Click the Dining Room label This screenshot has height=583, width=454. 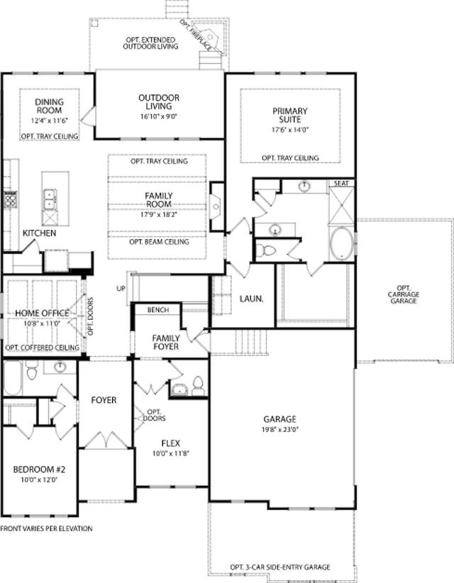click(49, 106)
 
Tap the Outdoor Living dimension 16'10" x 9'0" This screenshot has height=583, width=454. click(159, 116)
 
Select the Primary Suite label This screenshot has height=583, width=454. click(290, 116)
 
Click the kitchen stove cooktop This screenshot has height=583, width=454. click(10, 200)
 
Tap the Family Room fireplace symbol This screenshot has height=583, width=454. click(216, 206)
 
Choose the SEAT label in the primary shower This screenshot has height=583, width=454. click(341, 183)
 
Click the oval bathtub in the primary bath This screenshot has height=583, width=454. click(342, 243)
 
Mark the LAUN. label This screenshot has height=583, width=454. click(251, 299)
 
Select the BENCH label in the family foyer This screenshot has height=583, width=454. click(158, 310)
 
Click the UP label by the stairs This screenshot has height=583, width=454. click(121, 289)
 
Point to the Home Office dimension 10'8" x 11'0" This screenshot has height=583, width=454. click(42, 323)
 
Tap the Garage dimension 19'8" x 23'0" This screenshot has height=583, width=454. click(280, 429)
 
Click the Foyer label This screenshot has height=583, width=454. click(104, 400)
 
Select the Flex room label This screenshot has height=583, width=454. click(171, 443)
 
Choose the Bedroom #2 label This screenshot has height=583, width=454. click(40, 470)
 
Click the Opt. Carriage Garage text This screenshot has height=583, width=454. click(404, 294)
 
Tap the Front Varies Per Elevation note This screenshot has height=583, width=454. click(47, 528)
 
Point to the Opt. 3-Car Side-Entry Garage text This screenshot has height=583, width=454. click(280, 567)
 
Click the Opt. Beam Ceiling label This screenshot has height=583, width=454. click(159, 242)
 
